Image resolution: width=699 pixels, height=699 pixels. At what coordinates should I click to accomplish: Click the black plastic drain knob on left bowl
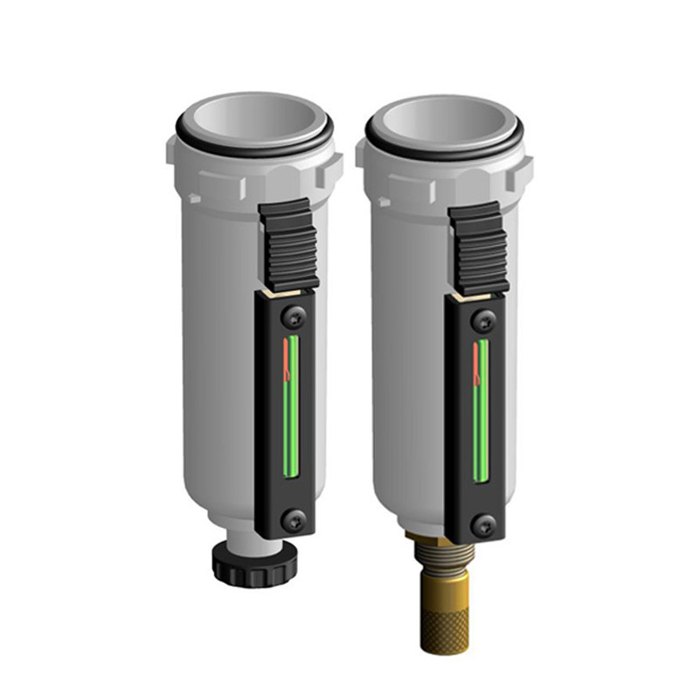click(x=254, y=566)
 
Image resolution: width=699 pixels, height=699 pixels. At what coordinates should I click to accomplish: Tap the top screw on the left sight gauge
click(x=292, y=312)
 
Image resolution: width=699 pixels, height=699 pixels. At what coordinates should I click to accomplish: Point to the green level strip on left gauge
click(x=293, y=411)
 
